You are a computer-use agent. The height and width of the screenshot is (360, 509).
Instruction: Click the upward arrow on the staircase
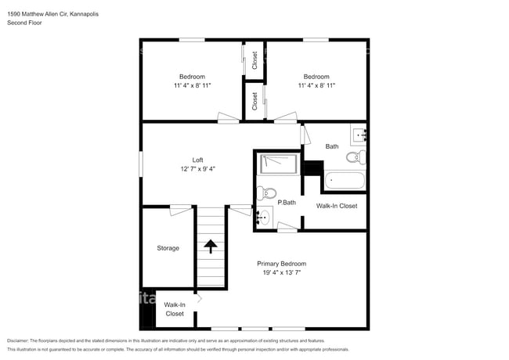tap(210, 245)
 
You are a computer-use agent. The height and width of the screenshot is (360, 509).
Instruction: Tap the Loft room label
tap(197, 160)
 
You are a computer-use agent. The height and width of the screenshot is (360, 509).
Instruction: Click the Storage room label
tap(168, 248)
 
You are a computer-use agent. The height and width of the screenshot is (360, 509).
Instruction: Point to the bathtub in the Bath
tap(344, 181)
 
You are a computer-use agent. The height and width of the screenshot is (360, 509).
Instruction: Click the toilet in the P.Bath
tap(267, 193)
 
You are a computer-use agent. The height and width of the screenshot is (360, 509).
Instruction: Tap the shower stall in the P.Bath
tap(278, 164)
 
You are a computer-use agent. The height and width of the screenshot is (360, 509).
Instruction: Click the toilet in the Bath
tap(356, 157)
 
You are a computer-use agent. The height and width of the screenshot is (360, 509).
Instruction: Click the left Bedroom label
tap(192, 76)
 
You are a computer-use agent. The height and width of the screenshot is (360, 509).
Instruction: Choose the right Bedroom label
tap(316, 76)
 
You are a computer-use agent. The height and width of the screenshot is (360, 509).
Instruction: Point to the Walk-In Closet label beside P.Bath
tap(336, 206)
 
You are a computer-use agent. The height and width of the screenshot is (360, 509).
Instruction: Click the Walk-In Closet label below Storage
tap(174, 309)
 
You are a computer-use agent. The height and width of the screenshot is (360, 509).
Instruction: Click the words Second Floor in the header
tap(24, 23)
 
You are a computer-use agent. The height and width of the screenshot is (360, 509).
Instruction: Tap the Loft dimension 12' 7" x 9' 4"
tap(197, 168)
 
